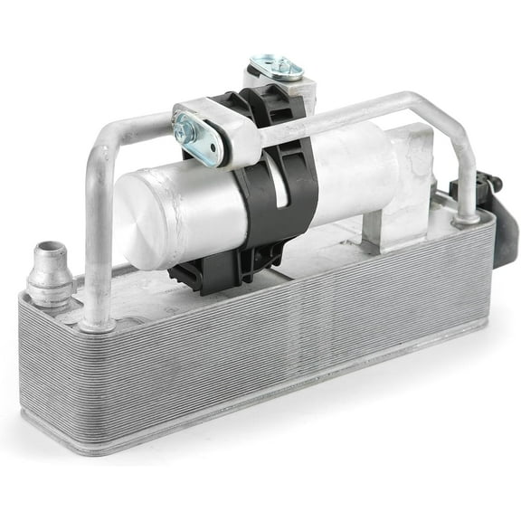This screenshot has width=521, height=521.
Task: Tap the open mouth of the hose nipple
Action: tap(45, 249)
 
